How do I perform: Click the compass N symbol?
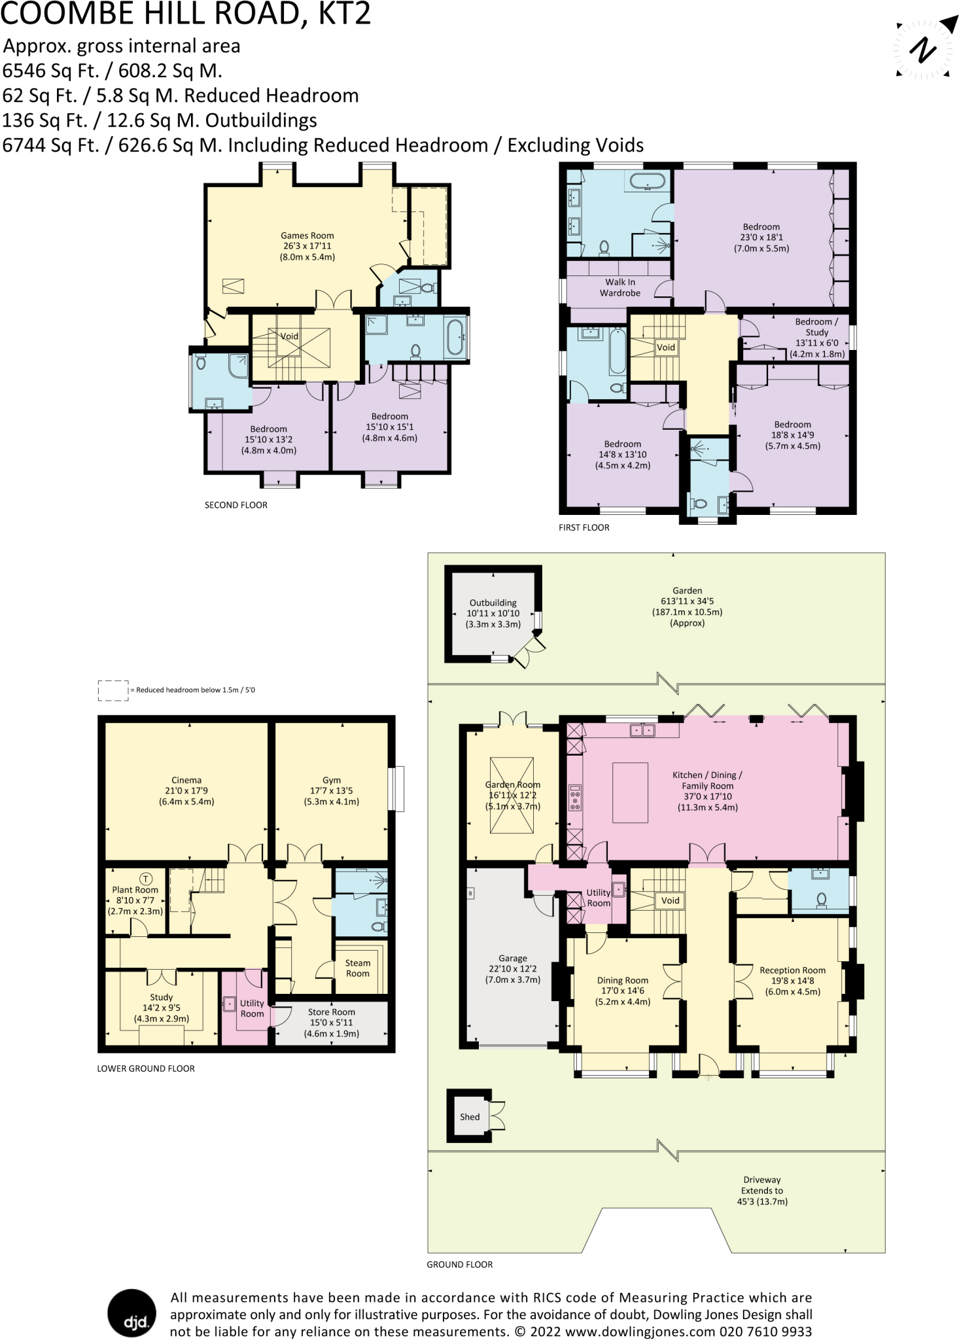[923, 50]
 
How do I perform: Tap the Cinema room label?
[186, 781]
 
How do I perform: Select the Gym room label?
[332, 781]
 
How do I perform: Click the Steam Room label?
[357, 968]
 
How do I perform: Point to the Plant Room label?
[135, 890]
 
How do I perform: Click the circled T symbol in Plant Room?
[145, 878]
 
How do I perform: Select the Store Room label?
[332, 1012]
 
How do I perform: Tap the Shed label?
[469, 1117]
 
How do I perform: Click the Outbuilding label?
[493, 603]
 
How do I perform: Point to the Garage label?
[512, 958]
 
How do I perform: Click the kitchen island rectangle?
[630, 792]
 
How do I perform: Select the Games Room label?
[307, 236]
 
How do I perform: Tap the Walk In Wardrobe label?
[619, 287]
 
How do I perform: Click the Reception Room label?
[792, 970]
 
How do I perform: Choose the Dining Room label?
[622, 980]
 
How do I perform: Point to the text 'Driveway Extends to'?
[761, 1185]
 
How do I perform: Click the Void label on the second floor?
[289, 336]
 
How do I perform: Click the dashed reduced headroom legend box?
[113, 690]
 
